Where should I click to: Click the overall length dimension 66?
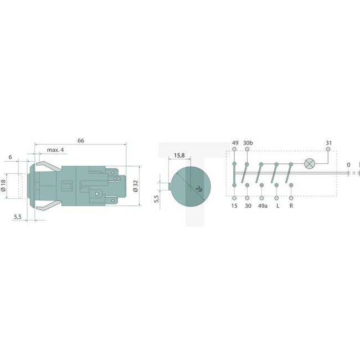point(81,141)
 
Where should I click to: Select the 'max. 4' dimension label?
point(56,150)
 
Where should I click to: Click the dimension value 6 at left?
point(11,157)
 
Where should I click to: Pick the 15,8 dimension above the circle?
point(179,156)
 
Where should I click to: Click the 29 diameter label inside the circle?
point(198,189)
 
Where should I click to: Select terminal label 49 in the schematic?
point(235,143)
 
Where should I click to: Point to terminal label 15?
point(235,206)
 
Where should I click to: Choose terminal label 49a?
point(263,206)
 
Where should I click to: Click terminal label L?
point(276,206)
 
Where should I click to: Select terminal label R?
point(291,206)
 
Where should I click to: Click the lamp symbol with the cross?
point(310,164)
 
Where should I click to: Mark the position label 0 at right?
point(348,164)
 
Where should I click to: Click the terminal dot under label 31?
point(328,150)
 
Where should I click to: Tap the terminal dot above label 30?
point(248,198)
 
